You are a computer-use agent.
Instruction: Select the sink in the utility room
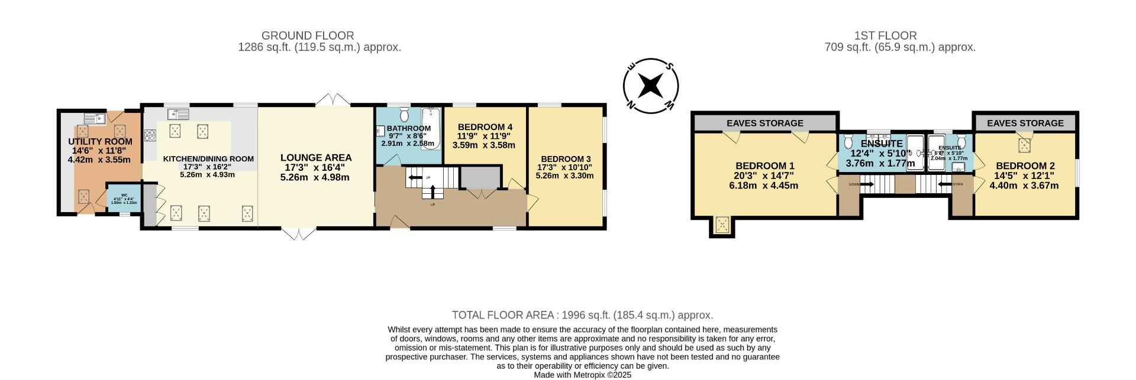coord(94,118)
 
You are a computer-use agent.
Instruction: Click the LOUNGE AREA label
coord(315,158)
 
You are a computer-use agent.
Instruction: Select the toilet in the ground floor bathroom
coord(405,113)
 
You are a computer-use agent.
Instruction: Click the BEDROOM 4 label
coord(485,127)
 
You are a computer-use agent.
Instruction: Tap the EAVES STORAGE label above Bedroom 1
coord(764,123)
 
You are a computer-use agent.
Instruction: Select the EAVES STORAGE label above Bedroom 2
coord(1025,123)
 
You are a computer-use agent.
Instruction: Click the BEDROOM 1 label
coord(764,166)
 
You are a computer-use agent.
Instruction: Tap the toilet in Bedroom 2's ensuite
coord(961,142)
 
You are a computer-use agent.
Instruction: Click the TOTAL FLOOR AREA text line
coord(582,316)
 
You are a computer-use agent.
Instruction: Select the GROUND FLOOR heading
coord(307,36)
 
